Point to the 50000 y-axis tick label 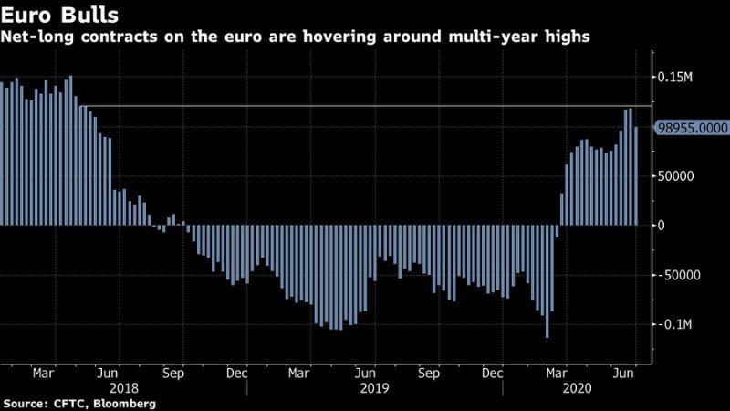(x=678, y=175)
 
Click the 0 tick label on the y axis (x=663, y=225)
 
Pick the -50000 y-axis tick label (x=681, y=275)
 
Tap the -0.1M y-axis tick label (x=675, y=324)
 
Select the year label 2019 (x=375, y=387)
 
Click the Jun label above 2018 (x=108, y=373)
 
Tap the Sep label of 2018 (x=174, y=373)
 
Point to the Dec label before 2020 (x=493, y=373)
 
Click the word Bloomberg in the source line (x=125, y=403)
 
